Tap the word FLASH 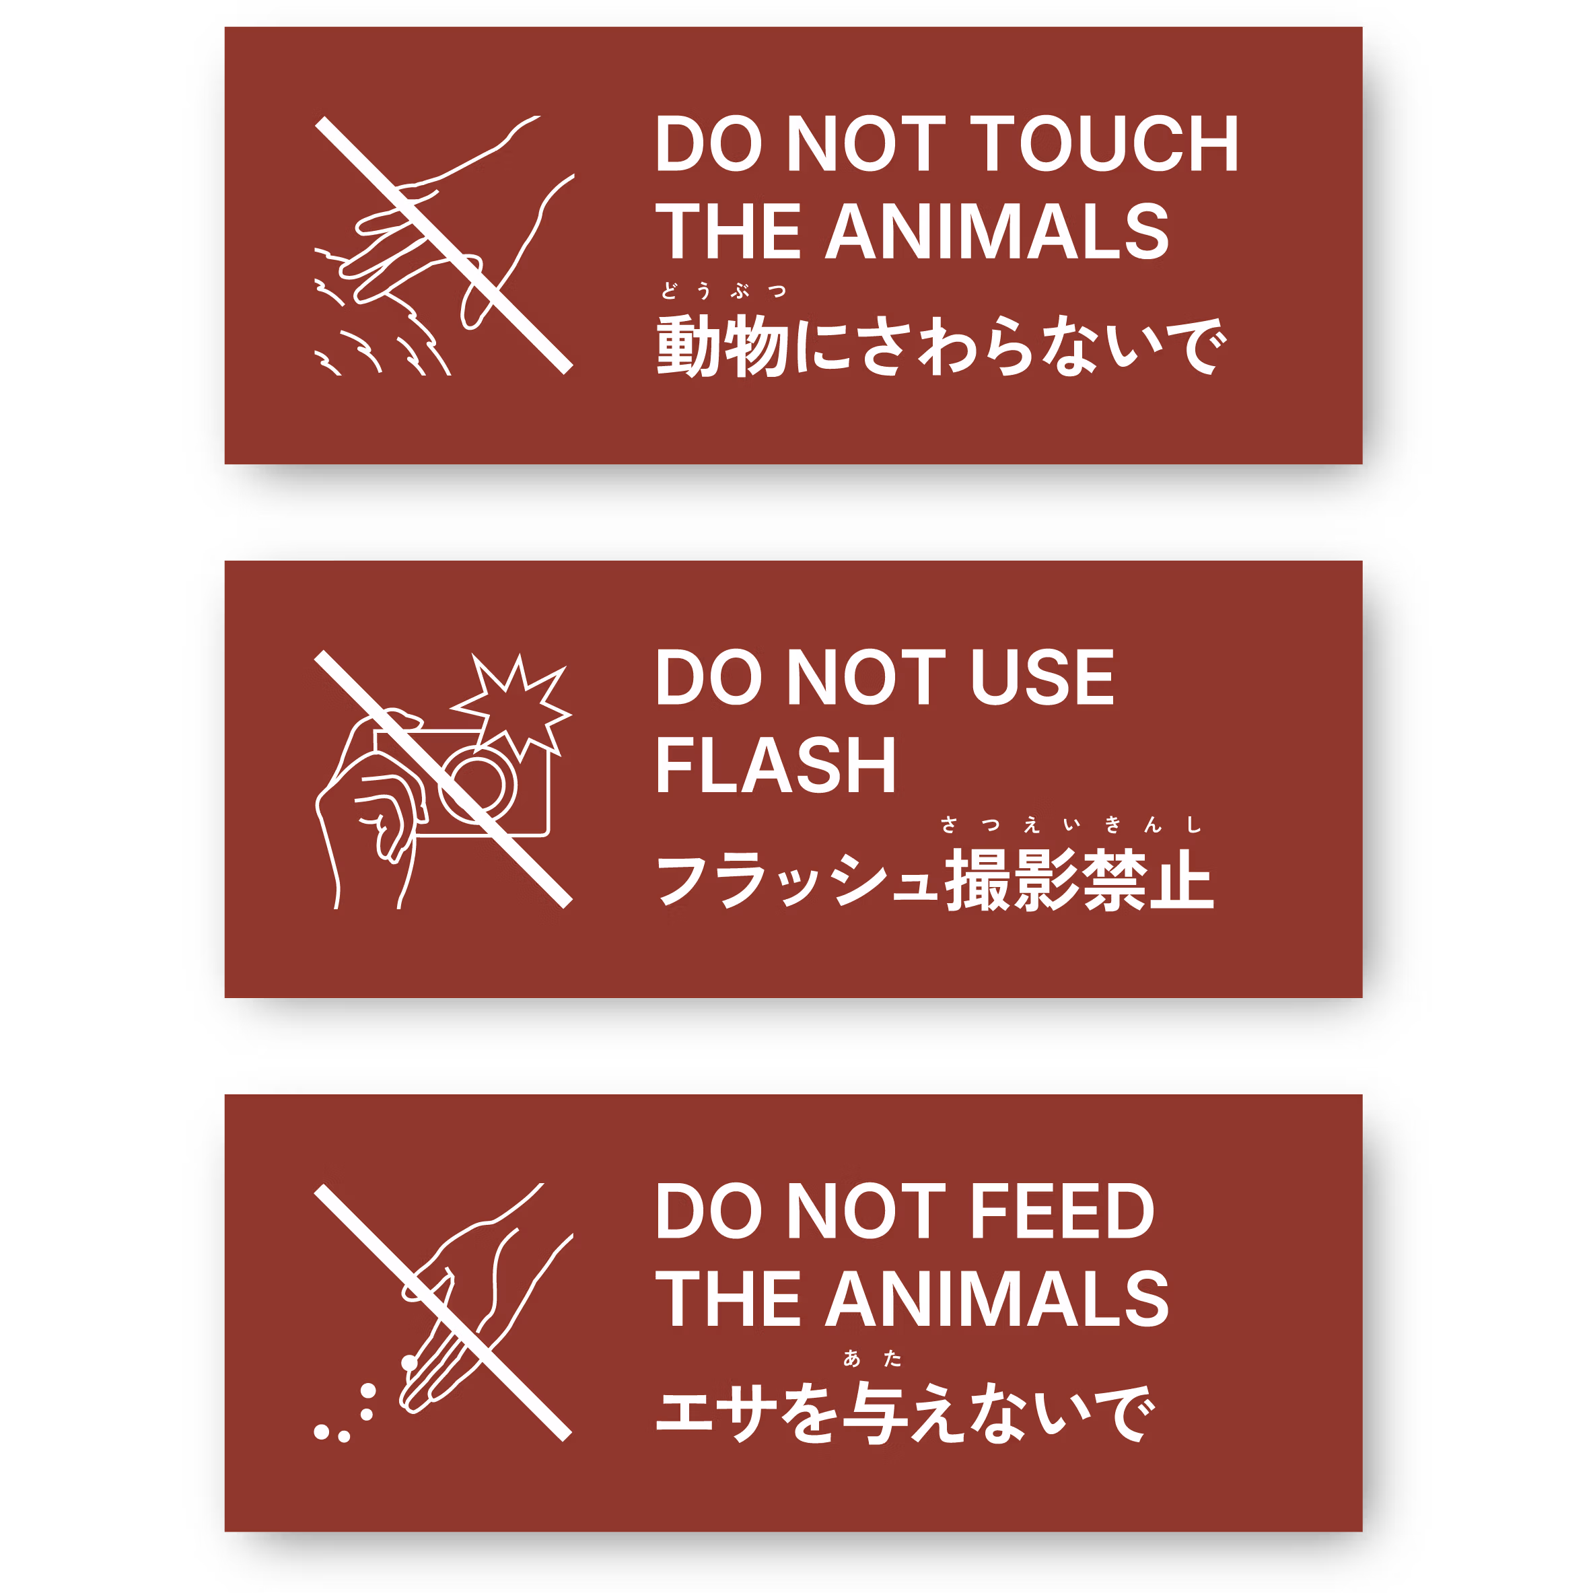tap(775, 767)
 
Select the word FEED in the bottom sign tap(1062, 1211)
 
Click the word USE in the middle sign tap(1041, 678)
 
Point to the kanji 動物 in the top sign tap(722, 347)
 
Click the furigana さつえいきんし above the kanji tap(1070, 824)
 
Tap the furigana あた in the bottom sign tap(872, 1358)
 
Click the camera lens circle tap(479, 784)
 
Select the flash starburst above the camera tap(516, 706)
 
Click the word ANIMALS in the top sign tap(997, 232)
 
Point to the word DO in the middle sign tap(708, 678)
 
